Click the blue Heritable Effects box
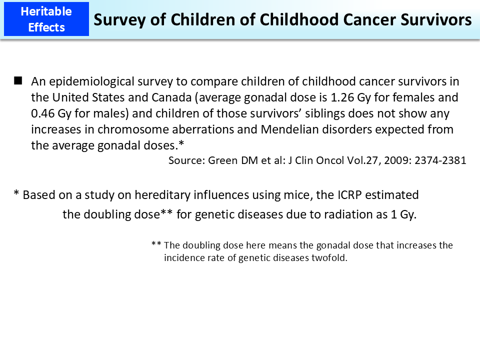(x=46, y=19)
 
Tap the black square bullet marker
(x=18, y=80)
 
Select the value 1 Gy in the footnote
(x=402, y=214)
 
